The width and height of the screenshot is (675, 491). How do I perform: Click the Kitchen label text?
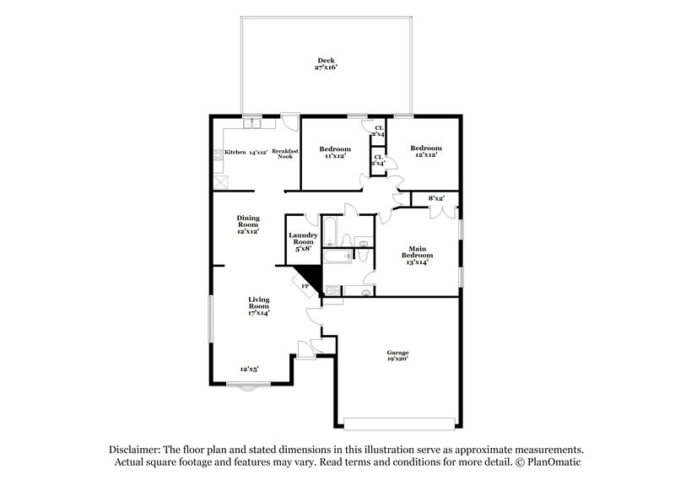(x=235, y=153)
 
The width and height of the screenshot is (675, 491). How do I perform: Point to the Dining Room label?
(x=247, y=224)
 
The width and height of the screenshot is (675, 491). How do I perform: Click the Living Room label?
(x=258, y=306)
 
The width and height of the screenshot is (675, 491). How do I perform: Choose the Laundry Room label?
(x=302, y=242)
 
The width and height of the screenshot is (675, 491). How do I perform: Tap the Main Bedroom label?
(x=416, y=255)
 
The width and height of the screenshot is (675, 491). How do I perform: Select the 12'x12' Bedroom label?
(x=425, y=152)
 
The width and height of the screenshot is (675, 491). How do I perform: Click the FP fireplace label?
(x=305, y=287)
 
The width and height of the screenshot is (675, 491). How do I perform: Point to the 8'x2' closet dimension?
(x=436, y=198)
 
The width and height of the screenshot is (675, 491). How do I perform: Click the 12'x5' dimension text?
(x=249, y=369)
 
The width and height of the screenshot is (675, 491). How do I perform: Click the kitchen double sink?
(x=252, y=125)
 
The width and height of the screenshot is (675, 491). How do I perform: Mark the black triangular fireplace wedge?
(x=312, y=275)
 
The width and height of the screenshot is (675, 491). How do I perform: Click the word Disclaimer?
(x=135, y=451)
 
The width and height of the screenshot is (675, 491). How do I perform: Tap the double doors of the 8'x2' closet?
(x=436, y=212)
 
